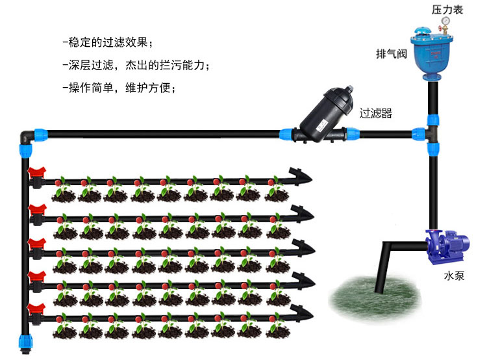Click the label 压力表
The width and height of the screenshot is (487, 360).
point(447,10)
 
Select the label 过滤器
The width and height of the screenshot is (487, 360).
point(376,113)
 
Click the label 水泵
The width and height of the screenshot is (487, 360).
point(455,275)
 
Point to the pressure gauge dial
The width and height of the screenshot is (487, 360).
point(445,21)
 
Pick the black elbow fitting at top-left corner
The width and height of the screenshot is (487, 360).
point(24,136)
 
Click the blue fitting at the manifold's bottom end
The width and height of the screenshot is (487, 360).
point(24,341)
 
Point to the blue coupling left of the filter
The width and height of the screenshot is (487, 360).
point(284,135)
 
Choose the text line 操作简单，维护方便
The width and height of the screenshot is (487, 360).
point(119,88)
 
